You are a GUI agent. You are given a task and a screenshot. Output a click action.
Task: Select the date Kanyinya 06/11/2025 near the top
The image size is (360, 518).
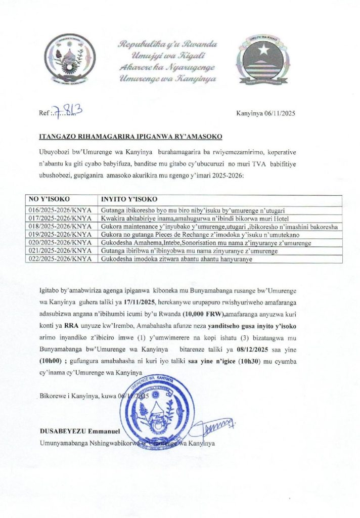[265, 113]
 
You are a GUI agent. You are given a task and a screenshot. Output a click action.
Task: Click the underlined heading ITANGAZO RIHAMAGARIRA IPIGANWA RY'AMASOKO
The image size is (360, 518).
[130, 137]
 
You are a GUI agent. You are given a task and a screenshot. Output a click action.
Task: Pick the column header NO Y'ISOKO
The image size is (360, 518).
[49, 199]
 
